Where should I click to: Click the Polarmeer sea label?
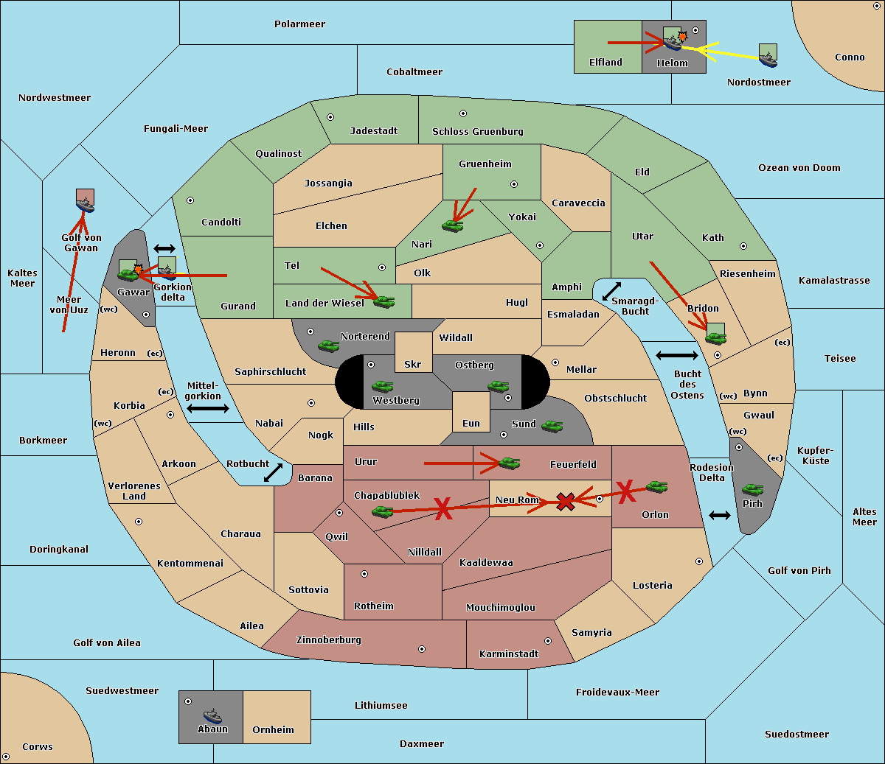coord(299,24)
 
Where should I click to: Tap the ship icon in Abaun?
coord(213,716)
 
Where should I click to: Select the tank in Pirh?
coord(753,489)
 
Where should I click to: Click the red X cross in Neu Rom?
coord(565,501)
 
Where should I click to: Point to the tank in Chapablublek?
coord(382,511)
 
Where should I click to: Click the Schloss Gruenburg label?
coord(478,131)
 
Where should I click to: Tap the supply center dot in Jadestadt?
coord(330,117)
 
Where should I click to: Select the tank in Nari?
coord(453,226)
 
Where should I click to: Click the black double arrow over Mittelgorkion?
coord(208,408)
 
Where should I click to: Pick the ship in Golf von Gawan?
coord(86,205)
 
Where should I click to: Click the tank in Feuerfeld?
coord(510,463)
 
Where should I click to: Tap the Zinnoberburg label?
coord(329,640)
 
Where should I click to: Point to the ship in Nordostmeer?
coord(768,60)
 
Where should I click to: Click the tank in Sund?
coord(552,426)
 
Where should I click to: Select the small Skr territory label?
coord(413,364)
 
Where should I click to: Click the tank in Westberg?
coord(382,386)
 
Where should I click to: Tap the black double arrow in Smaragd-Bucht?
coord(611,291)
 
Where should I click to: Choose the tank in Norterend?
coord(328,346)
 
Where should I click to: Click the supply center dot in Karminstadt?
coord(548,641)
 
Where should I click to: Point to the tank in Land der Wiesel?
coord(384,301)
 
